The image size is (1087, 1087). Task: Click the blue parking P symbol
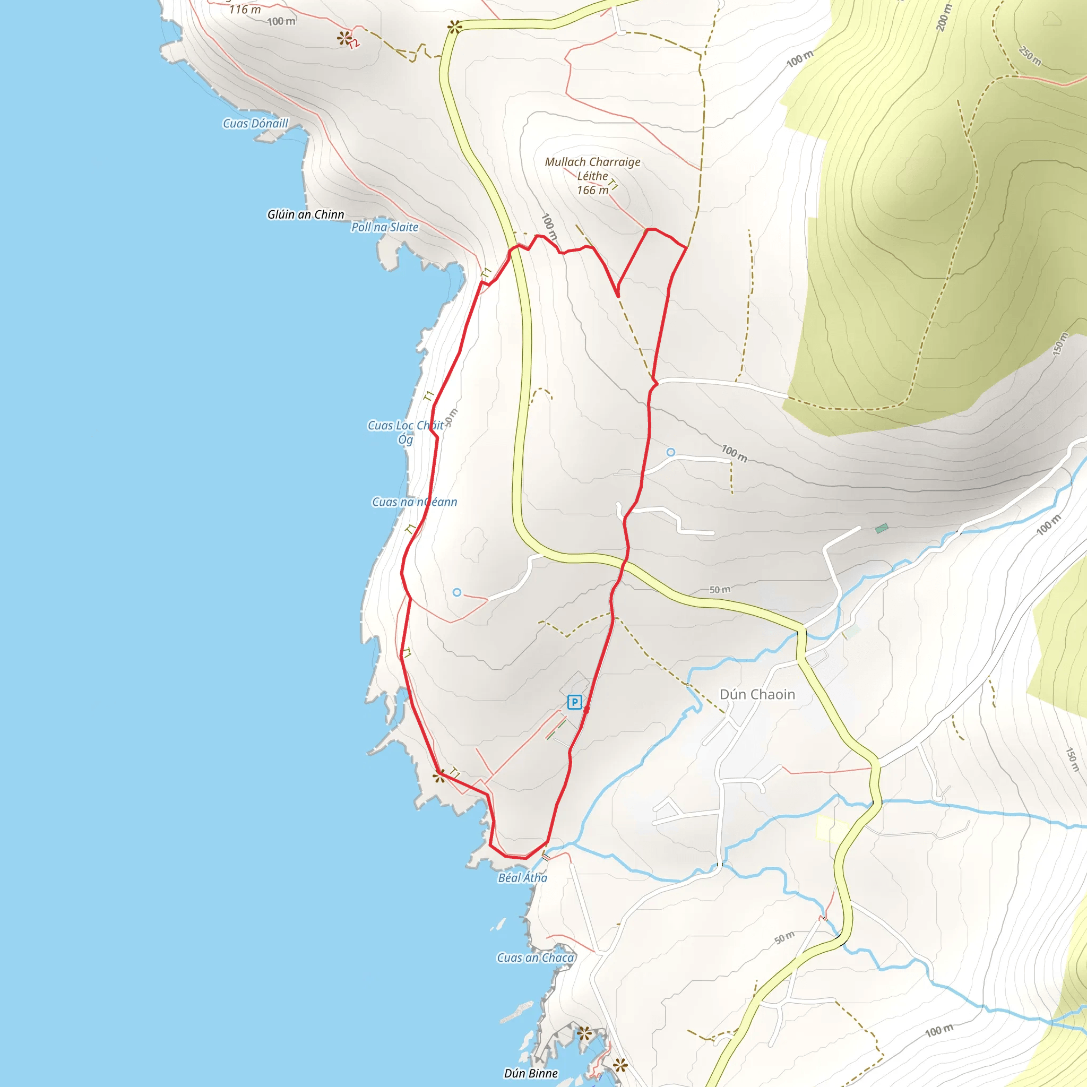pos(574,702)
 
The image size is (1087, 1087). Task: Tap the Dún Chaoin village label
pos(757,694)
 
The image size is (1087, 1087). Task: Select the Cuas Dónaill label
pos(255,123)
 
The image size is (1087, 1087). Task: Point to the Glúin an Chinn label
pos(306,214)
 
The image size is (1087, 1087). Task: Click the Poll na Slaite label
pos(385,227)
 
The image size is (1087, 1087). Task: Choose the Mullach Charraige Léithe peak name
pos(592,168)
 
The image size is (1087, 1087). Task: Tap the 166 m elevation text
pos(592,190)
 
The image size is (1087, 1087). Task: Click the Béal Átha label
pos(523,877)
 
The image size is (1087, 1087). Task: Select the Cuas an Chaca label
pos(536,957)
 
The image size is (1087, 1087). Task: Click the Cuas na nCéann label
pos(415,502)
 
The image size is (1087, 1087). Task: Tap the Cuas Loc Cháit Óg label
pos(406,432)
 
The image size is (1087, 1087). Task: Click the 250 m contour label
pos(1030,56)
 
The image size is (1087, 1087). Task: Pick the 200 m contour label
pos(944,18)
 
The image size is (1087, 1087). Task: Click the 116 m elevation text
pos(245,10)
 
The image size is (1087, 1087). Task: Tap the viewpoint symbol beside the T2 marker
pos(343,38)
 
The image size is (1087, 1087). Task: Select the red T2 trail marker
pos(354,44)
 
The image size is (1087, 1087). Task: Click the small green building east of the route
pos(882,528)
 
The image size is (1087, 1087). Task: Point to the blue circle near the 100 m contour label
pos(671,452)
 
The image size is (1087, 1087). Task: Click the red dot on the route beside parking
pos(586,710)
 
